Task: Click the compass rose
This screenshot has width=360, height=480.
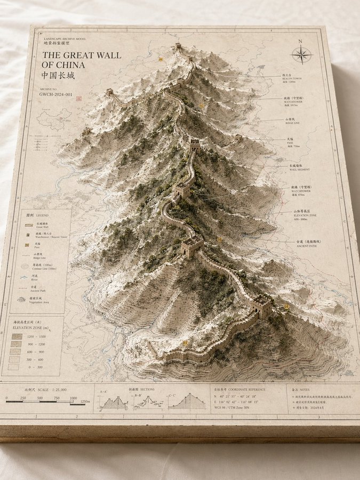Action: pyautogui.click(x=301, y=54)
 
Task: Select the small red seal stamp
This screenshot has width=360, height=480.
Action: pyautogui.click(x=78, y=99)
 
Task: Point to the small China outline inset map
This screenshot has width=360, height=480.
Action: pyautogui.click(x=54, y=119)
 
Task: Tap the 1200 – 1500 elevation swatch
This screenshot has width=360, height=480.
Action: pyautogui.click(x=18, y=337)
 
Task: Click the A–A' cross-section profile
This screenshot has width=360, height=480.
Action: pyautogui.click(x=114, y=403)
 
